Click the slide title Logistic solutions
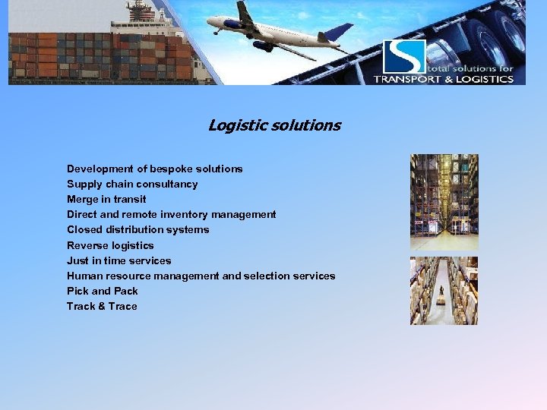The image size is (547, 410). (274, 125)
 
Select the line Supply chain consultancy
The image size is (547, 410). (132, 184)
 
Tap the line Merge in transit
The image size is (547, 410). (106, 199)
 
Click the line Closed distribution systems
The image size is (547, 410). (138, 229)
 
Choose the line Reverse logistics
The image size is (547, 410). (110, 245)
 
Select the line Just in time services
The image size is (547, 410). (119, 260)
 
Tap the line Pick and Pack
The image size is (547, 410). (102, 291)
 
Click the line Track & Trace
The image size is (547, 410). (102, 306)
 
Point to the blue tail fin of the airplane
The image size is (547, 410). (339, 32)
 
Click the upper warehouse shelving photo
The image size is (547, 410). (444, 202)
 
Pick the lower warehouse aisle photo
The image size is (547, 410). (444, 291)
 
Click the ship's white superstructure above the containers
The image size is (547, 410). (141, 19)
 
